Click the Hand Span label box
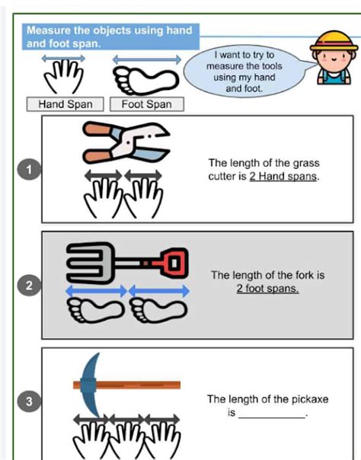[65, 104]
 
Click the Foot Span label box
[147, 104]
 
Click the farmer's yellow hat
[334, 40]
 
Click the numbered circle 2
[30, 286]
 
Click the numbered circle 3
[30, 401]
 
